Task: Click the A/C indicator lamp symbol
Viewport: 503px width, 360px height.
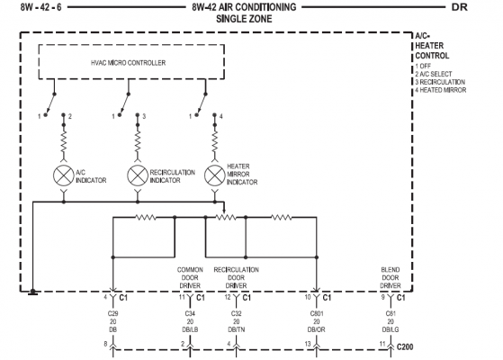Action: (64, 175)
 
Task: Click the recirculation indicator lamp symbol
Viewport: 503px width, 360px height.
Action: (138, 175)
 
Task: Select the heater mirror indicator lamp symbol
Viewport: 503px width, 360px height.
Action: (215, 175)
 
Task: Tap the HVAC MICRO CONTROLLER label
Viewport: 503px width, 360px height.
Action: (129, 63)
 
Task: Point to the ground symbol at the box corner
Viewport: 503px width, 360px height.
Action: (32, 292)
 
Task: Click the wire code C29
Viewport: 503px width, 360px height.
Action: (112, 313)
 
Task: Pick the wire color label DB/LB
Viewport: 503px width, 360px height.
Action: (190, 329)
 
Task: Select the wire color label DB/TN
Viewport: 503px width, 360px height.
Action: (236, 329)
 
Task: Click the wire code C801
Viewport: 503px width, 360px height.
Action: (317, 313)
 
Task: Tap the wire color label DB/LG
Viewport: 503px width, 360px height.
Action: (391, 329)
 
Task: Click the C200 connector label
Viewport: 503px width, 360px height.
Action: (405, 346)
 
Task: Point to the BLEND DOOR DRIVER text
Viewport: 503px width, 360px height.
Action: (391, 277)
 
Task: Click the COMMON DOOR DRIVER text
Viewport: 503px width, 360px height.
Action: (190, 277)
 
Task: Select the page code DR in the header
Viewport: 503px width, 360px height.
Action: (460, 7)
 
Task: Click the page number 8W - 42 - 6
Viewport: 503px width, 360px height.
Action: (40, 7)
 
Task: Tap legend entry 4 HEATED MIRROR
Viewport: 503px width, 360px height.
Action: (440, 90)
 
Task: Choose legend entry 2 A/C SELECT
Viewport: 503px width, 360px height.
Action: (434, 74)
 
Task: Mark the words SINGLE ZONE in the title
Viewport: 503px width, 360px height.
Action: (244, 19)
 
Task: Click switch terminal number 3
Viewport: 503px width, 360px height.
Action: (144, 116)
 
